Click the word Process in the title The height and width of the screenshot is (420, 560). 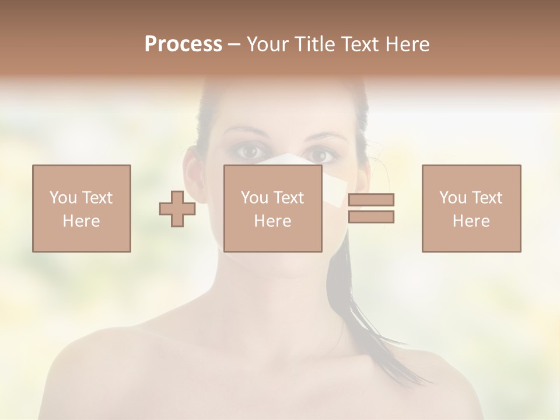click(183, 44)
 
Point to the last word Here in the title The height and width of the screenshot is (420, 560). click(407, 44)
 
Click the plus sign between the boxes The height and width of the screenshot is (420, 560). click(177, 208)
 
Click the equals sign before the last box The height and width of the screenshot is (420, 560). click(371, 208)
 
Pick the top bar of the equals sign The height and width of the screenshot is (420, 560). click(371, 199)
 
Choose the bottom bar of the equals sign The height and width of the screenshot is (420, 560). click(371, 217)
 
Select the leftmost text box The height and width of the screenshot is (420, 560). click(82, 208)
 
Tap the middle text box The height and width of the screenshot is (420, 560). click(273, 208)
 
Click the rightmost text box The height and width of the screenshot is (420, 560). click(471, 208)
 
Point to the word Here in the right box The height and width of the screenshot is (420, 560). click(471, 221)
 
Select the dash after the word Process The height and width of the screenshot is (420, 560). click(234, 45)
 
